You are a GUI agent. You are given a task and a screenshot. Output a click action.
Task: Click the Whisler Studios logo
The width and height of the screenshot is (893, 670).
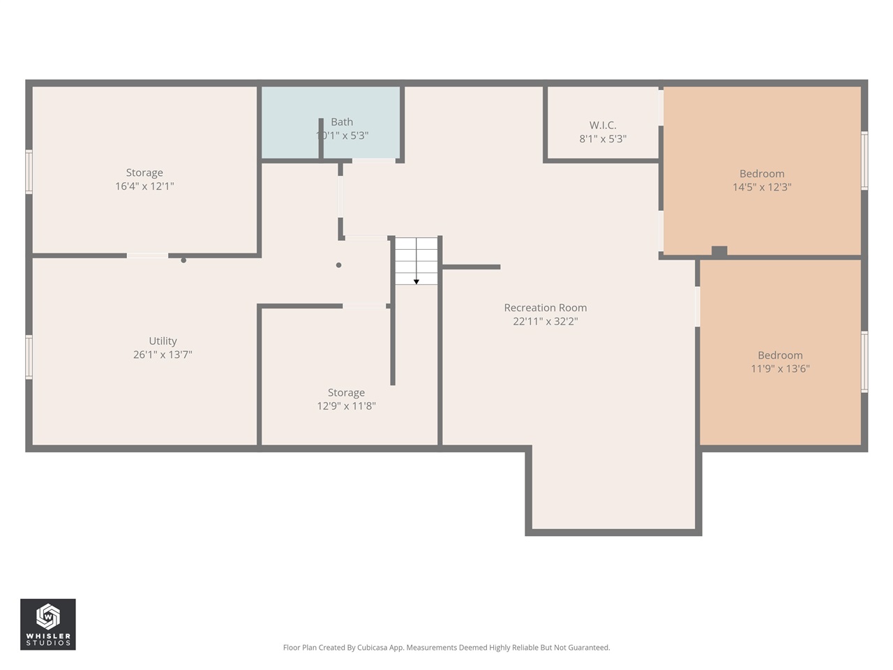(47, 624)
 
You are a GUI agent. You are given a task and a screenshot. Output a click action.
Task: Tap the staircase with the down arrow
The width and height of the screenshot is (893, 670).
(417, 261)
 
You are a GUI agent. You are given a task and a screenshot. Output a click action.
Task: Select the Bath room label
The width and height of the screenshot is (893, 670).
(342, 122)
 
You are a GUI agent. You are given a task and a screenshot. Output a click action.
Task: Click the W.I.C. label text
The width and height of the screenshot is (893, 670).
(603, 126)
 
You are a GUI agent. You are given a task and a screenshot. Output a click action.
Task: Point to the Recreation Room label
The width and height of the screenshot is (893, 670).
(545, 308)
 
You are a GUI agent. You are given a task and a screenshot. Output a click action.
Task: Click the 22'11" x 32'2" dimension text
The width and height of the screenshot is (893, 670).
(545, 322)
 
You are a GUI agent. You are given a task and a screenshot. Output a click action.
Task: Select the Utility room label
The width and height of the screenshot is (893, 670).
(163, 341)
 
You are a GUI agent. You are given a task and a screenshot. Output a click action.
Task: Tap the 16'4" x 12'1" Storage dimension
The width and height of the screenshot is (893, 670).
(144, 186)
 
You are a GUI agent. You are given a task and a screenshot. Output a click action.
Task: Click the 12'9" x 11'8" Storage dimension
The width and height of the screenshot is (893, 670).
(346, 406)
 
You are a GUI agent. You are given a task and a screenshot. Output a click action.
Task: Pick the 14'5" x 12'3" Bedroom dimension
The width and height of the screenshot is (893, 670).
(762, 187)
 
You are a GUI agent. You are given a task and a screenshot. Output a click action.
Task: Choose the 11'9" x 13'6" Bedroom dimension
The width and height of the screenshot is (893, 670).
(780, 368)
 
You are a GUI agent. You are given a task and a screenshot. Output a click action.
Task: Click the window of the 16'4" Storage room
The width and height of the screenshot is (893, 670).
(29, 172)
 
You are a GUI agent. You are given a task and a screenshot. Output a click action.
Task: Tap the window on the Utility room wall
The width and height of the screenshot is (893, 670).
(29, 357)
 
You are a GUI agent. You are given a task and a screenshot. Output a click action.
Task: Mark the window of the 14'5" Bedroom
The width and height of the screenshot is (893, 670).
(864, 161)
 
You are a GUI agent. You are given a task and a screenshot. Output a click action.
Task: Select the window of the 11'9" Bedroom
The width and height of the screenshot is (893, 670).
(864, 362)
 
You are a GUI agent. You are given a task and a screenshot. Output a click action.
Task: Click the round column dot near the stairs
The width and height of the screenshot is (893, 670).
(339, 265)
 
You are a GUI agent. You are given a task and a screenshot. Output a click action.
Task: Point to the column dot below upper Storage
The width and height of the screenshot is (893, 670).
(183, 260)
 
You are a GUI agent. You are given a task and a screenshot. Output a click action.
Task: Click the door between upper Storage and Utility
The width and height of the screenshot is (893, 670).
(147, 256)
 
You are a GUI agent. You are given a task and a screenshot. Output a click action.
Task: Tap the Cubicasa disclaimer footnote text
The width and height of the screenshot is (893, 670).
(446, 648)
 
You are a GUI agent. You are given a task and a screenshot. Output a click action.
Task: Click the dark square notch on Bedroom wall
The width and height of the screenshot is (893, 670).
(719, 251)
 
